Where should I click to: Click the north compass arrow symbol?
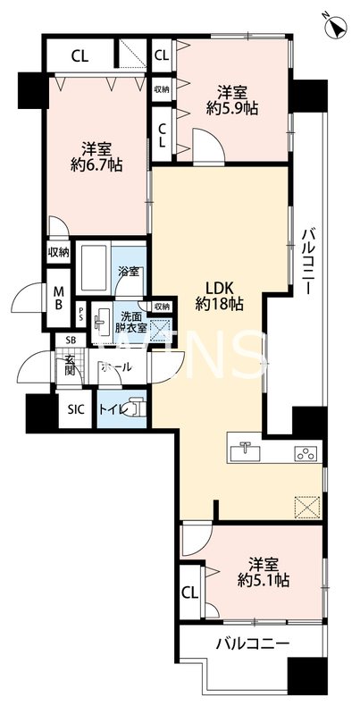point(337,28)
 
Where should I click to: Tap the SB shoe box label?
point(70,341)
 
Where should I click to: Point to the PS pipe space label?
point(82,315)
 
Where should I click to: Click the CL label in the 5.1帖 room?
point(189,592)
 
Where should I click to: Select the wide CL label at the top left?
point(80,55)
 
